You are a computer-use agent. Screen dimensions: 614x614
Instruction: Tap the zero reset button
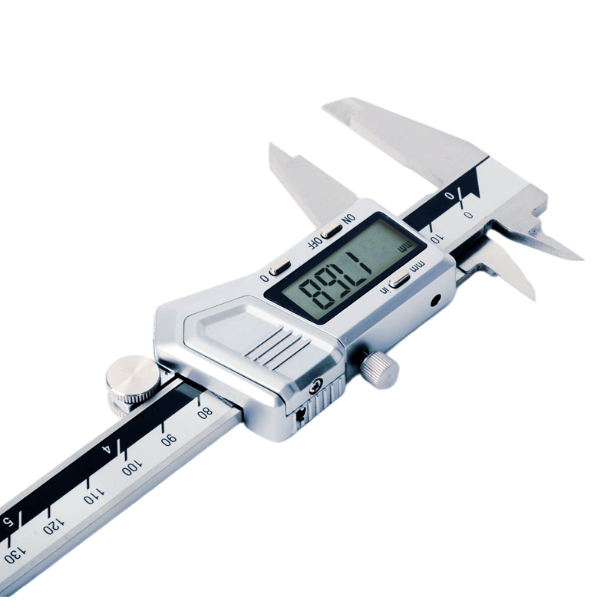point(280,267)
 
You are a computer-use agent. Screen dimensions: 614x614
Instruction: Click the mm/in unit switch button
point(398,281)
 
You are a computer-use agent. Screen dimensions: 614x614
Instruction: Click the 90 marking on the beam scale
point(169,439)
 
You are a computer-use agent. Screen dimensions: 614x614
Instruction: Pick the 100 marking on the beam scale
point(131,467)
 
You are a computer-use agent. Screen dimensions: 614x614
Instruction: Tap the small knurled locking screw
point(379,366)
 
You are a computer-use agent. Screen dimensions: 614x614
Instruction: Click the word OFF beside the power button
point(314,242)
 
